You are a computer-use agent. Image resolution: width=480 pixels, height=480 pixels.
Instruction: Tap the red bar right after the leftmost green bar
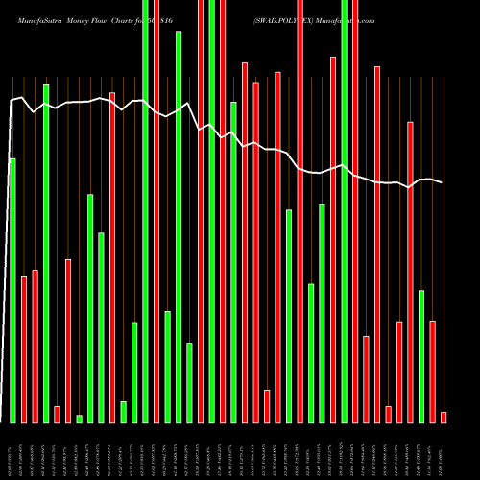click(24, 349)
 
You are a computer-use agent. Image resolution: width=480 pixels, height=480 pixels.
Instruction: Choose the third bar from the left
click(35, 346)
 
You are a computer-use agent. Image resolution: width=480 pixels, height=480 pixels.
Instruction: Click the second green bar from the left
click(46, 253)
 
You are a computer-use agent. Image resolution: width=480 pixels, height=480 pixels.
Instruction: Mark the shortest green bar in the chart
click(79, 419)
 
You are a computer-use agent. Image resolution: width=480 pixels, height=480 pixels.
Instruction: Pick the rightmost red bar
click(444, 417)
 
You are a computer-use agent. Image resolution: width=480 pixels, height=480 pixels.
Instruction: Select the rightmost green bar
click(421, 356)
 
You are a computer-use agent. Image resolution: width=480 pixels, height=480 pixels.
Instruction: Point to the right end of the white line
click(443, 182)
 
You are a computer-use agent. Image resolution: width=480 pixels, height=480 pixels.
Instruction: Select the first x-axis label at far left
click(12, 451)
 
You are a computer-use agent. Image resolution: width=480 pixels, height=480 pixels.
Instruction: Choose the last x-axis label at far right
click(444, 451)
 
